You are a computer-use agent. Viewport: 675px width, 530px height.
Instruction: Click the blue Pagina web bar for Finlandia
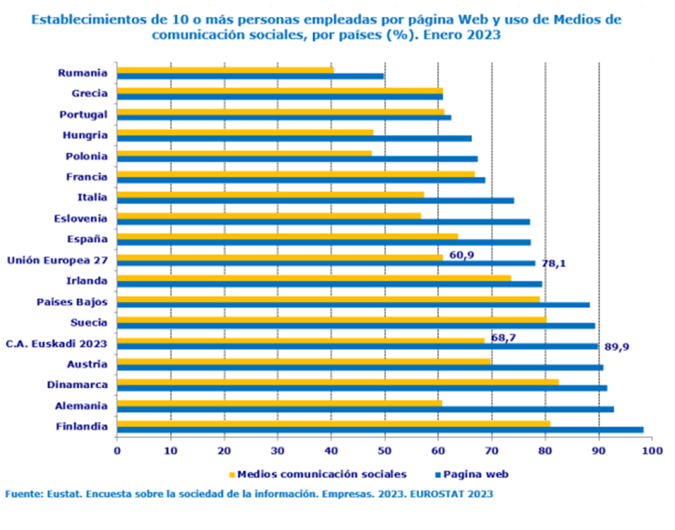click(380, 430)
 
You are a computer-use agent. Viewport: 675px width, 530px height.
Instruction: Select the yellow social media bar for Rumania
click(225, 69)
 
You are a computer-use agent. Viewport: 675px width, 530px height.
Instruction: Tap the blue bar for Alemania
click(365, 408)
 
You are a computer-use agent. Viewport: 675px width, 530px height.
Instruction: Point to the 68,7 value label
click(503, 338)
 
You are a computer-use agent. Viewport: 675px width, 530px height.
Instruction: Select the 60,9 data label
click(462, 254)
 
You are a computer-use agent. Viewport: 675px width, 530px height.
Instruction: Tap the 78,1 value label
click(553, 264)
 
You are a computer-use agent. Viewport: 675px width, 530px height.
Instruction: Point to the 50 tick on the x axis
click(385, 451)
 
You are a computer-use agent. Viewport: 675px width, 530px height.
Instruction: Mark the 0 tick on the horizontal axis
click(117, 451)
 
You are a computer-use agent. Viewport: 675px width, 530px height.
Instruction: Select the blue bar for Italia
click(316, 201)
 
